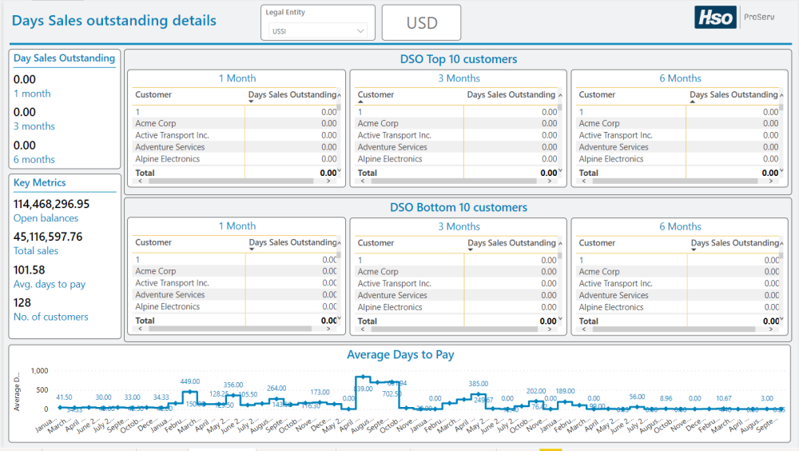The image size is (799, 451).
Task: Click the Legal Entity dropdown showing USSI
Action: (x=317, y=31)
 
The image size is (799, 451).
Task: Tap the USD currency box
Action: (x=421, y=23)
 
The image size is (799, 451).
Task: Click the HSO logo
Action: (x=714, y=18)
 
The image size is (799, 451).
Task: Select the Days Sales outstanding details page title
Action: (x=113, y=21)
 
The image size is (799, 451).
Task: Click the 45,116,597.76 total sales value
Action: (x=48, y=237)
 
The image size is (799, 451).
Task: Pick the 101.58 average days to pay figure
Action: (x=30, y=270)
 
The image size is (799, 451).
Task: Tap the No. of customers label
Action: (x=51, y=317)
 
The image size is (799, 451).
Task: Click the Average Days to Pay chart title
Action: (x=400, y=354)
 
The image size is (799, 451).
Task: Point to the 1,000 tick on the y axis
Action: (x=39, y=371)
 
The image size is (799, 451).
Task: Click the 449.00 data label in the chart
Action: (x=190, y=381)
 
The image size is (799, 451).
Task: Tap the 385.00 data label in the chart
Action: (x=478, y=384)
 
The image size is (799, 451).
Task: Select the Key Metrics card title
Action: (x=40, y=183)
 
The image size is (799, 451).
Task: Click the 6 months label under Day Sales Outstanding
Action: (x=34, y=159)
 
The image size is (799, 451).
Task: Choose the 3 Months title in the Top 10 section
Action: (x=459, y=78)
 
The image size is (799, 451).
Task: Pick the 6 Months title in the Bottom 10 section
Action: (x=680, y=226)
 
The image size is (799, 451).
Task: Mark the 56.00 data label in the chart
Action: (x=637, y=397)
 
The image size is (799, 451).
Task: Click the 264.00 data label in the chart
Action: (x=276, y=389)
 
